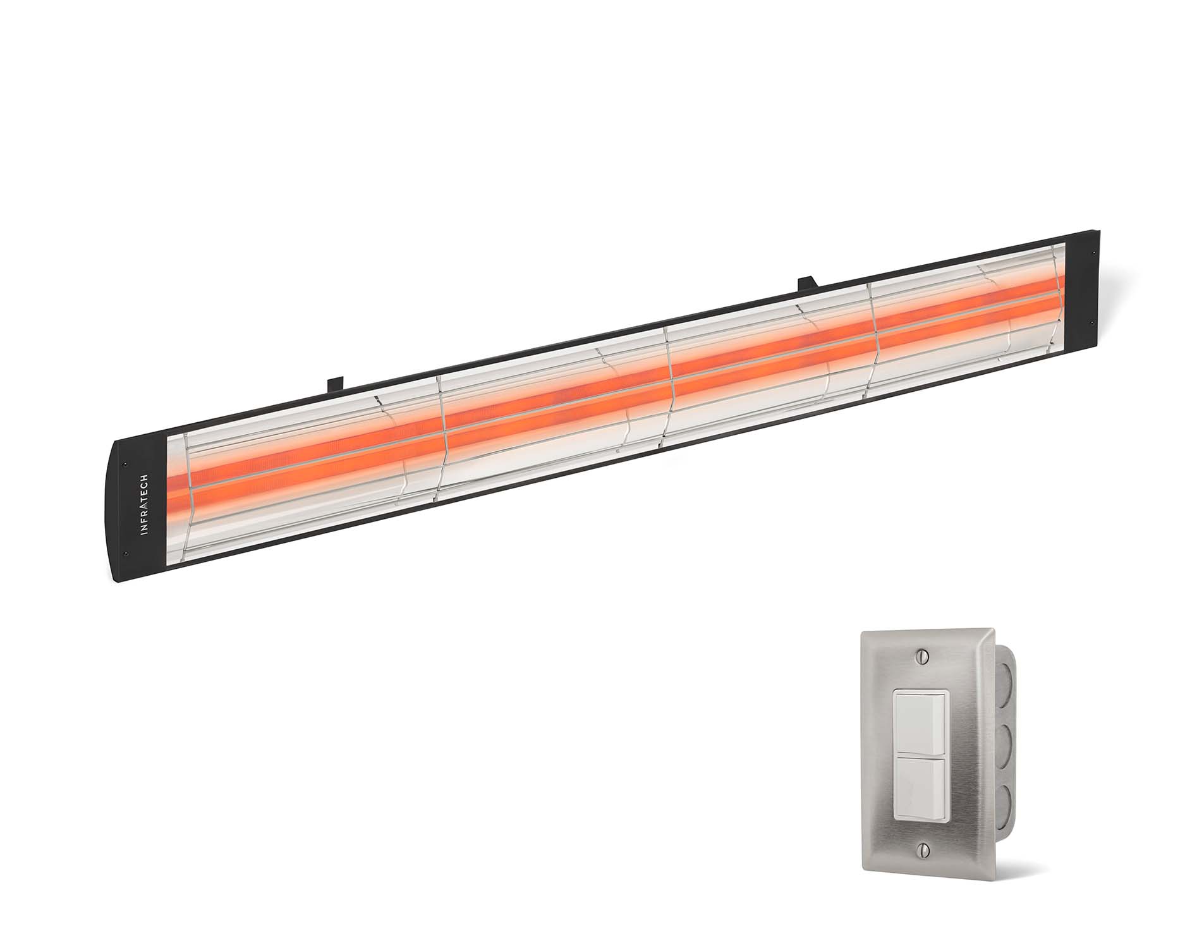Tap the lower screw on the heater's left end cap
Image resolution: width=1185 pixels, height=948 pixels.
pyautogui.click(x=126, y=554)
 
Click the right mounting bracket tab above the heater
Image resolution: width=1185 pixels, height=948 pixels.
pyautogui.click(x=807, y=284)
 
